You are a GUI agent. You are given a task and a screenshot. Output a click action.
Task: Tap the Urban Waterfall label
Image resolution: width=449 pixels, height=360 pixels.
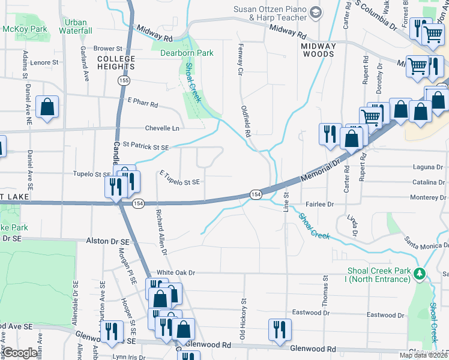click(76, 26)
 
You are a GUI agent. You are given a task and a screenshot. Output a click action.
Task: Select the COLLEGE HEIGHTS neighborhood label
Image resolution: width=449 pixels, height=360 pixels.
click(116, 62)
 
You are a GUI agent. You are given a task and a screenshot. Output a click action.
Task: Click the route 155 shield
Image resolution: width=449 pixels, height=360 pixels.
click(124, 80)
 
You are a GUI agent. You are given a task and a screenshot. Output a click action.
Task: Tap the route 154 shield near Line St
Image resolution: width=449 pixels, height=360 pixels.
click(256, 194)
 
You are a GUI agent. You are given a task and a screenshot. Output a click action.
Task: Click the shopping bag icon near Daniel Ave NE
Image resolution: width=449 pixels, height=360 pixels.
click(47, 108)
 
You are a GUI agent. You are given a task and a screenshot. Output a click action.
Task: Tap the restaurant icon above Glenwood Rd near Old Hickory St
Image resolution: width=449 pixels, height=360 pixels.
click(279, 329)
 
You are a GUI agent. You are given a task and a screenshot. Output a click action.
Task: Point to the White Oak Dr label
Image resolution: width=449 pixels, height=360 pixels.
click(176, 272)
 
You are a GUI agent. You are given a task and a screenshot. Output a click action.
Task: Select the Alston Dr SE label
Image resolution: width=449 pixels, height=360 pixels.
click(108, 241)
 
